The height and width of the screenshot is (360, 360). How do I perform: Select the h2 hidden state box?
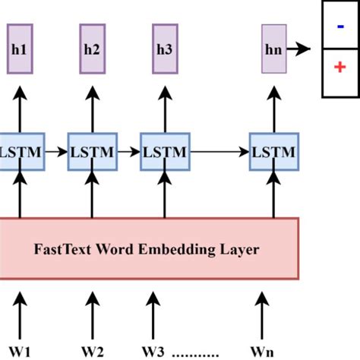pyautogui.click(x=91, y=49)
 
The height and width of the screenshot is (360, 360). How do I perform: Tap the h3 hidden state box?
pyautogui.click(x=163, y=49)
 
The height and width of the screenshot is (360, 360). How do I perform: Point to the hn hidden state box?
pyautogui.click(x=273, y=49)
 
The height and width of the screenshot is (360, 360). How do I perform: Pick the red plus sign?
pyautogui.click(x=339, y=68)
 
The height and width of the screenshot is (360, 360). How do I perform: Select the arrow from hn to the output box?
pyautogui.click(x=302, y=49)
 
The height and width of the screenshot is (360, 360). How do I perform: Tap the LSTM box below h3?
pyautogui.click(x=164, y=152)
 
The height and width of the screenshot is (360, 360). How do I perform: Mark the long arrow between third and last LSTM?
pyautogui.click(x=219, y=152)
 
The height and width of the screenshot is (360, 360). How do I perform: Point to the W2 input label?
pyautogui.click(x=93, y=351)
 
